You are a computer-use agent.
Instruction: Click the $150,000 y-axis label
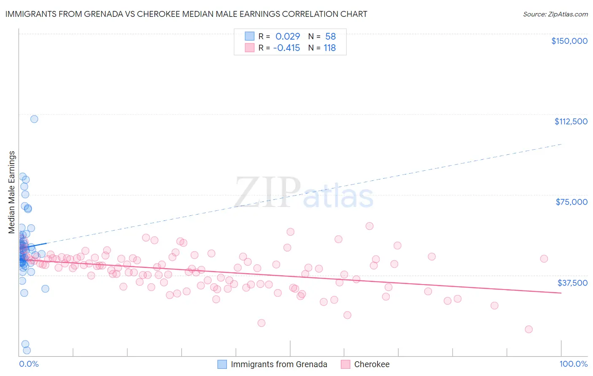click(569, 41)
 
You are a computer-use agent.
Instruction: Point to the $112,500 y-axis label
click(571, 121)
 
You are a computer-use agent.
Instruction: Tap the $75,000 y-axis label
click(571, 202)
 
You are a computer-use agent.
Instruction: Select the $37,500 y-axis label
click(572, 283)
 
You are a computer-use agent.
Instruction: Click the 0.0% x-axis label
click(29, 364)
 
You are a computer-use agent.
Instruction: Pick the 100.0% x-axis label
click(573, 364)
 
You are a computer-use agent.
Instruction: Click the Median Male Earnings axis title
click(11, 192)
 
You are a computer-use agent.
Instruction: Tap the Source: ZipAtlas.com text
click(555, 14)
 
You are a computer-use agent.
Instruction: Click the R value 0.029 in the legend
click(288, 36)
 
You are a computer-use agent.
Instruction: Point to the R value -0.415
click(287, 48)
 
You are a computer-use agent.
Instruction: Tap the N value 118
click(330, 48)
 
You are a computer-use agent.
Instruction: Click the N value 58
click(331, 36)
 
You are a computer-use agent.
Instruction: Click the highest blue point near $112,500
click(34, 119)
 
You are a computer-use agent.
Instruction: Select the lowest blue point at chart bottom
click(27, 350)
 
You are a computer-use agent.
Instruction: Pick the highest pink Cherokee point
click(369, 226)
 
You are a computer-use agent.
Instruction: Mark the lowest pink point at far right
click(528, 329)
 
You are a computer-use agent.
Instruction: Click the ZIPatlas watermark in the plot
click(304, 193)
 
